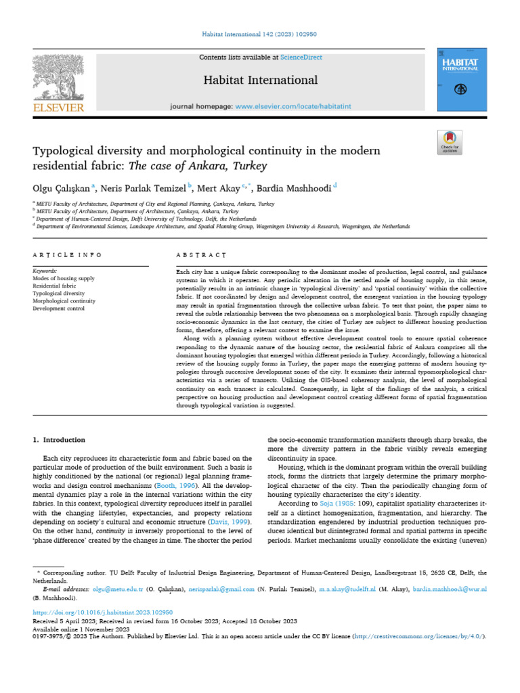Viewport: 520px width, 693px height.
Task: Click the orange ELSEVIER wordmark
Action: [x=58, y=107]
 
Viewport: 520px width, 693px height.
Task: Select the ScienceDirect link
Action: [x=302, y=58]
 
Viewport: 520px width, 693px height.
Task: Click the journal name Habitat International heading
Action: [x=261, y=80]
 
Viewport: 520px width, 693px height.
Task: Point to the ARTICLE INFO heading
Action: [x=67, y=255]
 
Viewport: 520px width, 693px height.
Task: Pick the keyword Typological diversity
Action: [x=59, y=294]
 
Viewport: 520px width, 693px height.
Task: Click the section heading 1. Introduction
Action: [x=60, y=440]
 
